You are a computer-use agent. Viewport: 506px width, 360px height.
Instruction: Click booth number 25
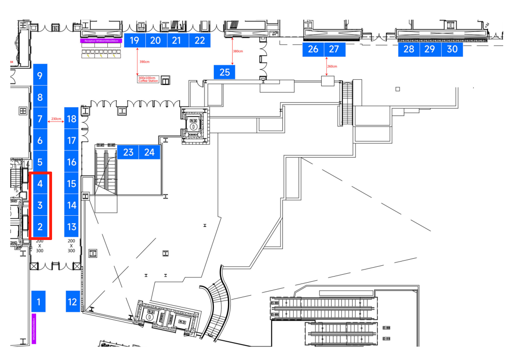[225, 72]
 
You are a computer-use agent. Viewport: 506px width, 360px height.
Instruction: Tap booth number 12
[72, 301]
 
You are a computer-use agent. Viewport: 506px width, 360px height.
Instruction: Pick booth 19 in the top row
[135, 40]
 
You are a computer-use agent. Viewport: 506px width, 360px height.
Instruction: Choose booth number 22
[200, 40]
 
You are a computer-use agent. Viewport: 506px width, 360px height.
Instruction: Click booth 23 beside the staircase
[128, 152]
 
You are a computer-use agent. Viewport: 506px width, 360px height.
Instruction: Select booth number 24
[150, 152]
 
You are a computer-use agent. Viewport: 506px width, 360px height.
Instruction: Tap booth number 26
[313, 49]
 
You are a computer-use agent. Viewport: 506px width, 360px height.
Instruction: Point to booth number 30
[452, 49]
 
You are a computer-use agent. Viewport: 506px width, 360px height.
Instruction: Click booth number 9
[40, 75]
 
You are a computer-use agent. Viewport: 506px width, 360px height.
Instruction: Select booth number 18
[71, 119]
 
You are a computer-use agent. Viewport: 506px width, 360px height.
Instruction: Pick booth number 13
[71, 227]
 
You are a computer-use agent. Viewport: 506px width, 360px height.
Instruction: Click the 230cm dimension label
[56, 119]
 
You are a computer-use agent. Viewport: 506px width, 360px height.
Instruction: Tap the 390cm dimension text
[144, 62]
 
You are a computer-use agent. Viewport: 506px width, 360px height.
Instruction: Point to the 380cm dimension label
[238, 52]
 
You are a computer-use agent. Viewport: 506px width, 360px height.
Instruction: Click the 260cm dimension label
[332, 67]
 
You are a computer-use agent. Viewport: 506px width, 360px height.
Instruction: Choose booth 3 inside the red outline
[40, 205]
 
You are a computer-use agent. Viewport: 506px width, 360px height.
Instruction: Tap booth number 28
[409, 49]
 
